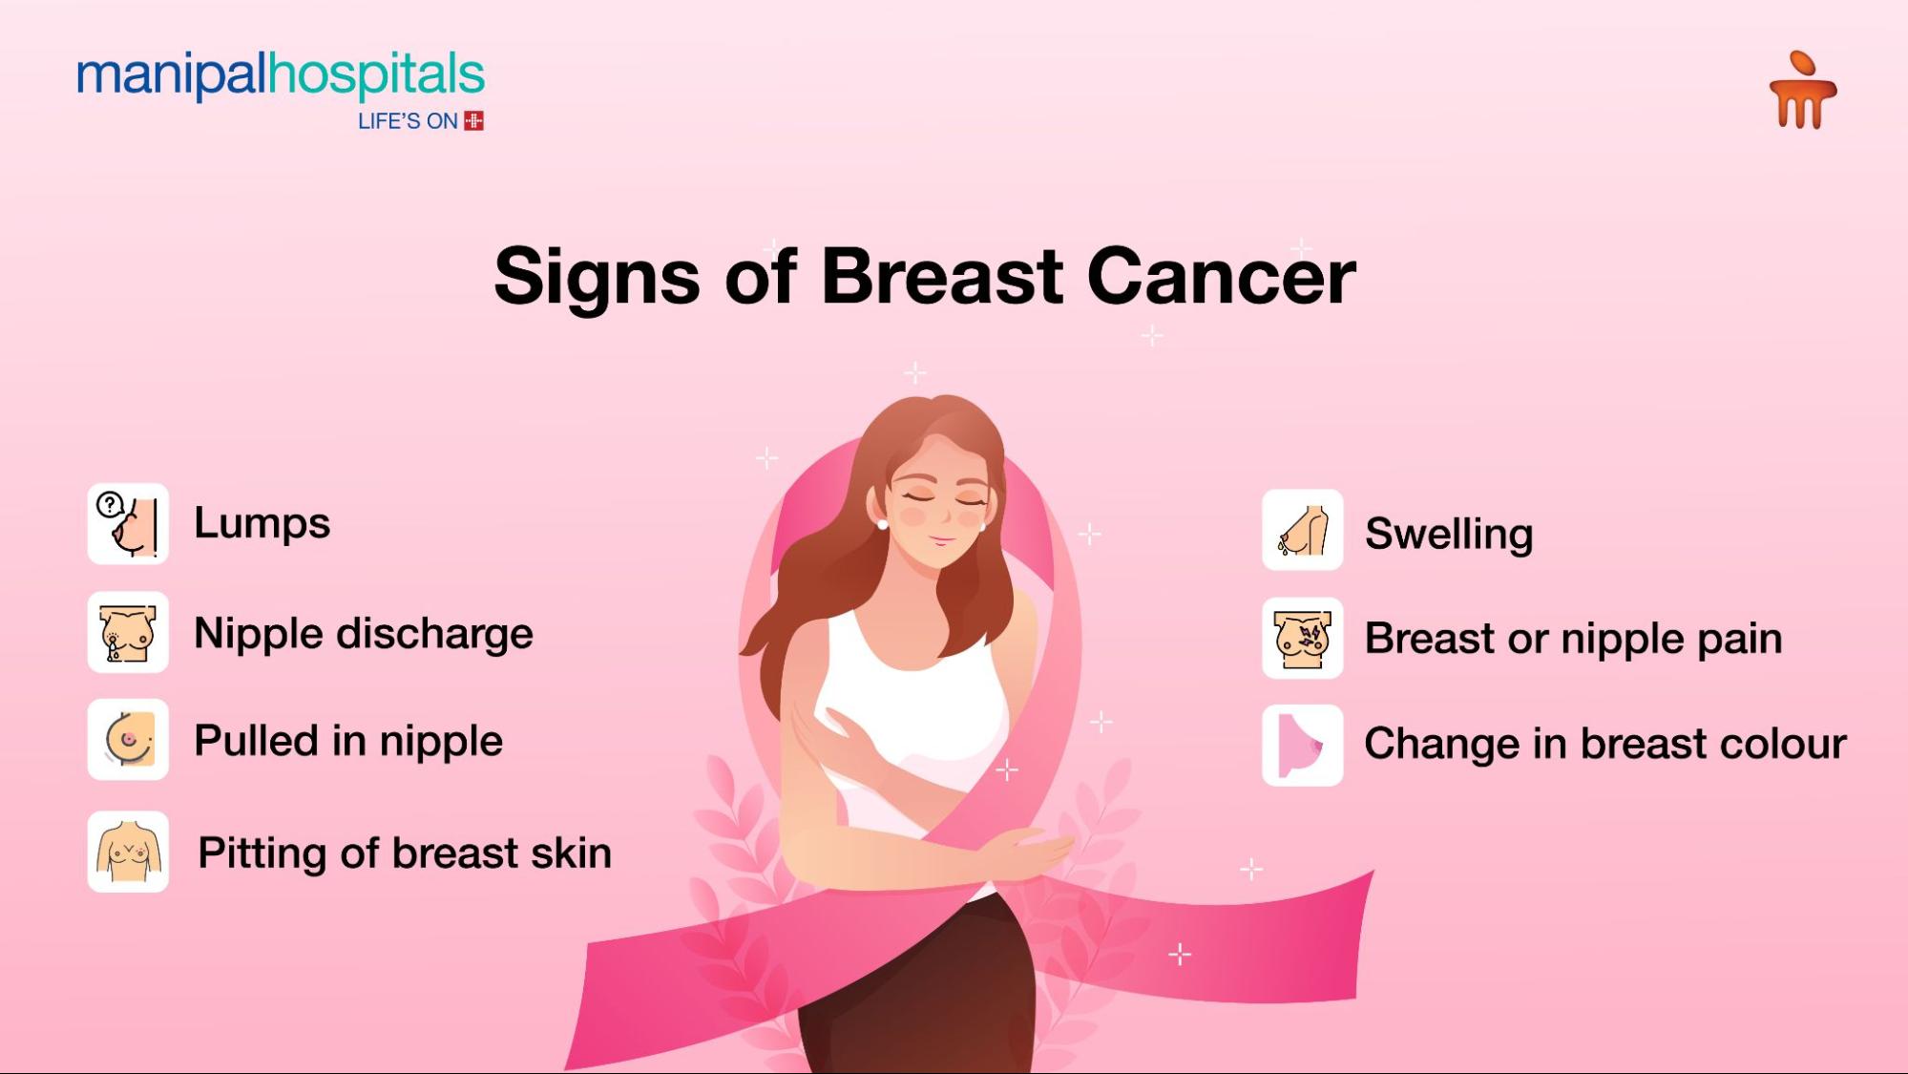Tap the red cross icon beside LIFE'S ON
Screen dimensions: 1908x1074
coord(473,121)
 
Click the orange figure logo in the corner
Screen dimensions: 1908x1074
coord(1802,90)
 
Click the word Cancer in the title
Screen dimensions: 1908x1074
coord(1221,277)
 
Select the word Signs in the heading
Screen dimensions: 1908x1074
coord(597,278)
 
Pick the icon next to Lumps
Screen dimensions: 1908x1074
coord(128,523)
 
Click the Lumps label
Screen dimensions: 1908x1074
coord(262,523)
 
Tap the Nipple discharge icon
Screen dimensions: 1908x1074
coord(128,632)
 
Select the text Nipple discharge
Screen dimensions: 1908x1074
coord(363,634)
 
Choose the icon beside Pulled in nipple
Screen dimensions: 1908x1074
coord(128,740)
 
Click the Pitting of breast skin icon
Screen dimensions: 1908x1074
coord(128,852)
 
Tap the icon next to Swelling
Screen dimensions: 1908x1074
coord(1303,530)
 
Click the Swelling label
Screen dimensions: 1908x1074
coord(1449,534)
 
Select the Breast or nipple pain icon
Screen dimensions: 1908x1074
coord(1303,638)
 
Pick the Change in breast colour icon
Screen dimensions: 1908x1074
coord(1303,746)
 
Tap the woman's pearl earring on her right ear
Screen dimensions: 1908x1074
coord(882,524)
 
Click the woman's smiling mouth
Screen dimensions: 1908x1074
coord(942,541)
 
